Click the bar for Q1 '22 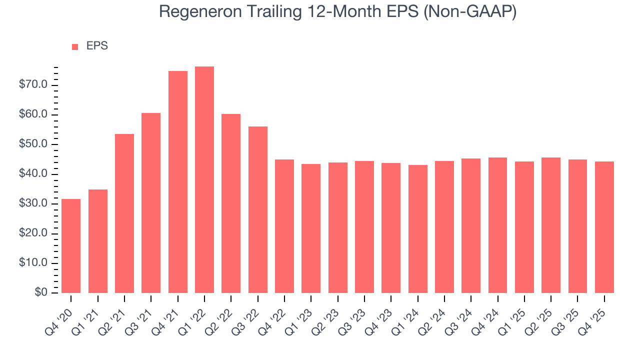[204, 180]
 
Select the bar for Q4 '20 [71, 246]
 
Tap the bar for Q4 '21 [178, 182]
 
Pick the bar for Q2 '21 [124, 213]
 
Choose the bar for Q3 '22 [258, 210]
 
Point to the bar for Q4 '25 [604, 227]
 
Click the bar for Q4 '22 [284, 226]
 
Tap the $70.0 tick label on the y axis [33, 85]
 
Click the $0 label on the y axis [41, 293]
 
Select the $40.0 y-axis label [33, 174]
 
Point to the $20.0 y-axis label [33, 233]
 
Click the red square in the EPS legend [75, 47]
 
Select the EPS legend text [97, 46]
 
